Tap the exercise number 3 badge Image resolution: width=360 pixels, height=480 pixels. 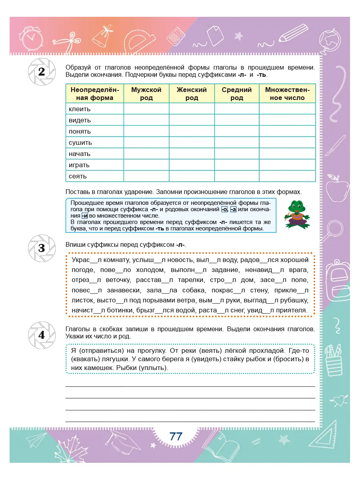[41, 248]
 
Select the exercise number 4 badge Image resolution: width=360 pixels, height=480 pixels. [41, 335]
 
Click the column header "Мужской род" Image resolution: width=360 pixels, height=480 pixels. [146, 94]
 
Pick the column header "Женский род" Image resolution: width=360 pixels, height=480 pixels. [192, 94]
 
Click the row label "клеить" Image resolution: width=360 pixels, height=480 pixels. [80, 109]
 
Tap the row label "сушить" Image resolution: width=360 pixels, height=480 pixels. [80, 142]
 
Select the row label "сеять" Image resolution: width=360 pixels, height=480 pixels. [78, 176]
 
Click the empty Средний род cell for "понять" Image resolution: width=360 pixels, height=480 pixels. [237, 131]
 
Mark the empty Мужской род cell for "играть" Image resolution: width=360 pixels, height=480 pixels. [146, 165]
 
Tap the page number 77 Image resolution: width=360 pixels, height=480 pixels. [176, 436]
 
